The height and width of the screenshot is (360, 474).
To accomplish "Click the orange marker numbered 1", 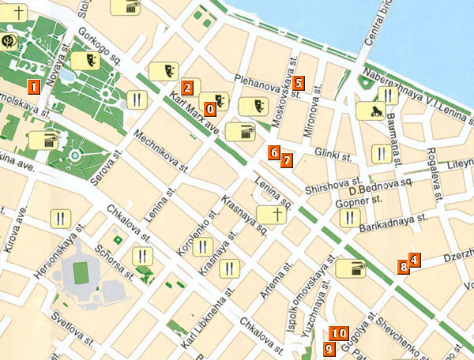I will (x=33, y=86).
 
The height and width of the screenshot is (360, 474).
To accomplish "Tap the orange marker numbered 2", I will (x=187, y=88).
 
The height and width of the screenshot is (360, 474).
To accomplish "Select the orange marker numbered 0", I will (x=209, y=108).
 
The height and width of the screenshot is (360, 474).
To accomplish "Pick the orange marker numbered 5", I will (x=298, y=82).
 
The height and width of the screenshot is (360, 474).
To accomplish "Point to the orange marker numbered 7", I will (x=286, y=159).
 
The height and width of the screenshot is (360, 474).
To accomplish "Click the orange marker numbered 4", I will (x=414, y=259).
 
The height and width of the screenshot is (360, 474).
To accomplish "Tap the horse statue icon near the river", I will (x=368, y=111).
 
